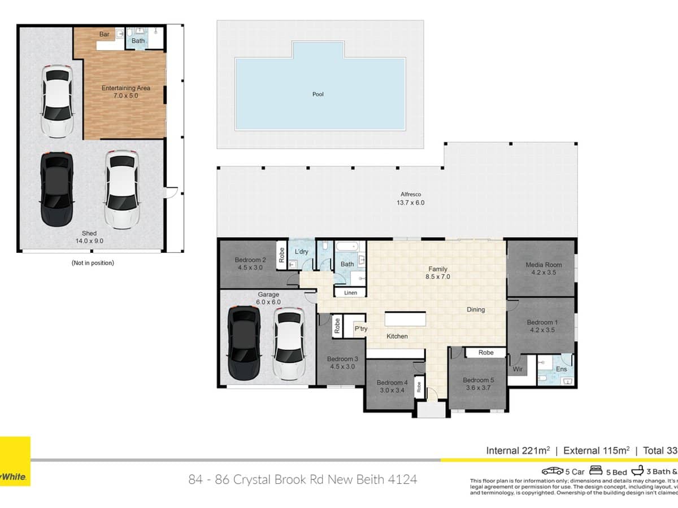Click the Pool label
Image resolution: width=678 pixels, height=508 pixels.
(318, 94)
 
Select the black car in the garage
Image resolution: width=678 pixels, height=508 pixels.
(244, 344)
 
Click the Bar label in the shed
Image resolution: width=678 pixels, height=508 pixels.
(105, 34)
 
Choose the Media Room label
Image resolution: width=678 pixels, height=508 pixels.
(544, 265)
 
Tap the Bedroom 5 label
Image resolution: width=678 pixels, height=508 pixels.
(477, 380)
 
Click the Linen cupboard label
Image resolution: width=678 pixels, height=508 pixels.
(349, 292)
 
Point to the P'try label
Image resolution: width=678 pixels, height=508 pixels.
(360, 329)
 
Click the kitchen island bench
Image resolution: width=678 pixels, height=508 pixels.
(405, 319)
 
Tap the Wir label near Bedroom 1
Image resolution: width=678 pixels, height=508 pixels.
(518, 369)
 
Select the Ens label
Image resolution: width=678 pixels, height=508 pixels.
(561, 369)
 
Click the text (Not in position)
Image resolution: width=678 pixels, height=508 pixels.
(92, 262)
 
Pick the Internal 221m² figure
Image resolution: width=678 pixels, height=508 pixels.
(518, 450)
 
